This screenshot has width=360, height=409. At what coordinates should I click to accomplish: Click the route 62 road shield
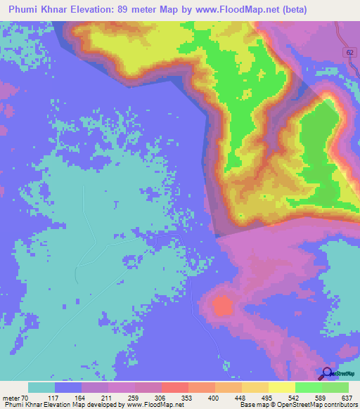(350, 53)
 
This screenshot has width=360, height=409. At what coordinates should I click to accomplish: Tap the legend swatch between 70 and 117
(41, 388)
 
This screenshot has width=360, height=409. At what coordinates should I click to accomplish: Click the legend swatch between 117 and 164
(68, 388)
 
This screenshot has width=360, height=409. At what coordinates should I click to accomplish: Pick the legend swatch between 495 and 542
(281, 388)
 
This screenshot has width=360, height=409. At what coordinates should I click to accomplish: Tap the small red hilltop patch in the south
(223, 306)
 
